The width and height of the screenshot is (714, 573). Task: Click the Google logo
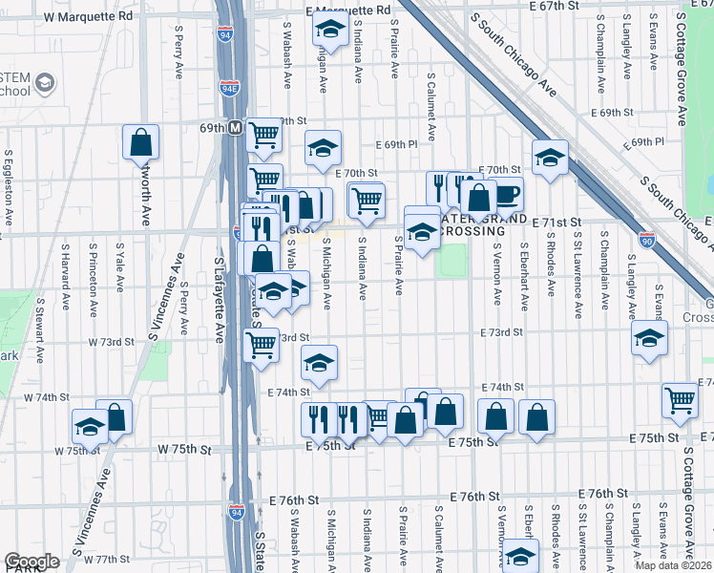point(31,562)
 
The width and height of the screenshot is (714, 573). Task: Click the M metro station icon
point(234,127)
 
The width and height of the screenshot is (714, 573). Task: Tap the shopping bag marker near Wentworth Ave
point(140,142)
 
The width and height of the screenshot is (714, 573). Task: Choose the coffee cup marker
point(507,195)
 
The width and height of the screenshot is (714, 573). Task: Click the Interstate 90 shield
point(647,241)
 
